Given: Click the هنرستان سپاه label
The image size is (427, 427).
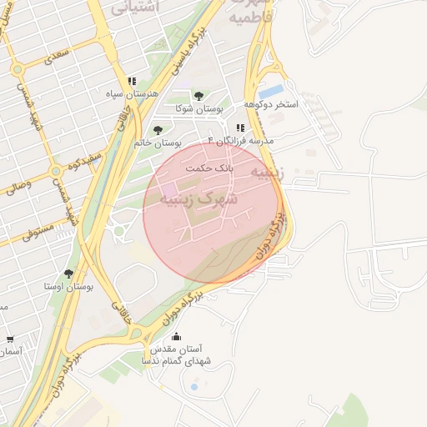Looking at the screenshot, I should click(131, 93).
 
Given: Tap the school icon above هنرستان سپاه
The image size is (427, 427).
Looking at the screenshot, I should click(131, 81).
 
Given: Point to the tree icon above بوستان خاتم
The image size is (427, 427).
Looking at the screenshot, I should click(158, 129).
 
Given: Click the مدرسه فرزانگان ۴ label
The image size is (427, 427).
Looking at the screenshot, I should click(241, 142).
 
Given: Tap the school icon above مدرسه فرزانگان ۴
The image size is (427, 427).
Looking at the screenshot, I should click(241, 128).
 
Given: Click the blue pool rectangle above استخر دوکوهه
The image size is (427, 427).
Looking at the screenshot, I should click(271, 89).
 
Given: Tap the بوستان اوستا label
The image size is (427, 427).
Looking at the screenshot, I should click(68, 286).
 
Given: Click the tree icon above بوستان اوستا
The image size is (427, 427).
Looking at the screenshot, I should click(68, 274).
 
